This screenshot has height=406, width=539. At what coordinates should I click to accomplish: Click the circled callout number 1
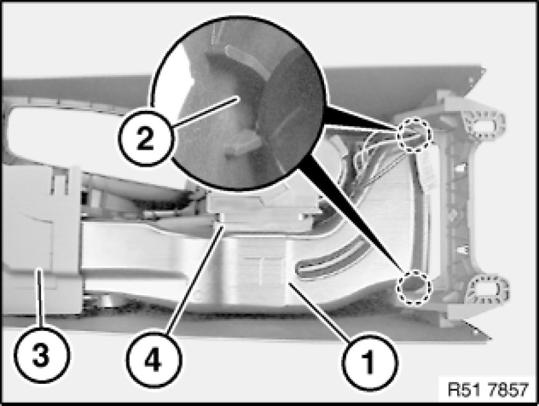pyautogui.click(x=369, y=362)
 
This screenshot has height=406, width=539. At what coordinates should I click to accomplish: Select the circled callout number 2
pyautogui.click(x=145, y=138)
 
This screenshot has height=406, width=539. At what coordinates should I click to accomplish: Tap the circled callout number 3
pyautogui.click(x=41, y=355)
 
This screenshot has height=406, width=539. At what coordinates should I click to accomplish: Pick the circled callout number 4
pyautogui.click(x=153, y=360)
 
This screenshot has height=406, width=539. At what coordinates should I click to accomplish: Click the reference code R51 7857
pyautogui.click(x=488, y=389)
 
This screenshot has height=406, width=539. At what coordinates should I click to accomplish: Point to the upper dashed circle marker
pyautogui.click(x=413, y=134)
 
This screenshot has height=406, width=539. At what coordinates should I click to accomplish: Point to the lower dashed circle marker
pyautogui.click(x=413, y=287)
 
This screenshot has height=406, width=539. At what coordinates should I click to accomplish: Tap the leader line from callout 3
pyautogui.click(x=40, y=298)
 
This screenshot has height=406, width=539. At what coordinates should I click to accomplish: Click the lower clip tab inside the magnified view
pyautogui.click(x=241, y=143)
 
